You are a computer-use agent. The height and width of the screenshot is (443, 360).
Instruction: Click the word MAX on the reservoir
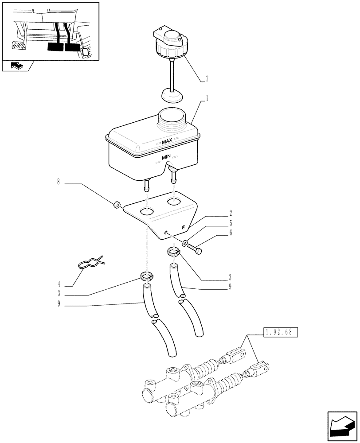(x=167, y=142)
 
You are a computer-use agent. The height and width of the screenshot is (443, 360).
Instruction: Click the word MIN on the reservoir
(x=167, y=156)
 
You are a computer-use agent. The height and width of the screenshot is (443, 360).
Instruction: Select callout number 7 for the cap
(x=207, y=79)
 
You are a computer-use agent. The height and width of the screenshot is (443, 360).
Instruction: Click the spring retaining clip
(x=91, y=264)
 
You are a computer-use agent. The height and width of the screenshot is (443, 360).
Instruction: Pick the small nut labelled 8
(x=117, y=204)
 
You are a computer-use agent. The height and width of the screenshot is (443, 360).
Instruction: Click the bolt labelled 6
(x=193, y=248)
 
